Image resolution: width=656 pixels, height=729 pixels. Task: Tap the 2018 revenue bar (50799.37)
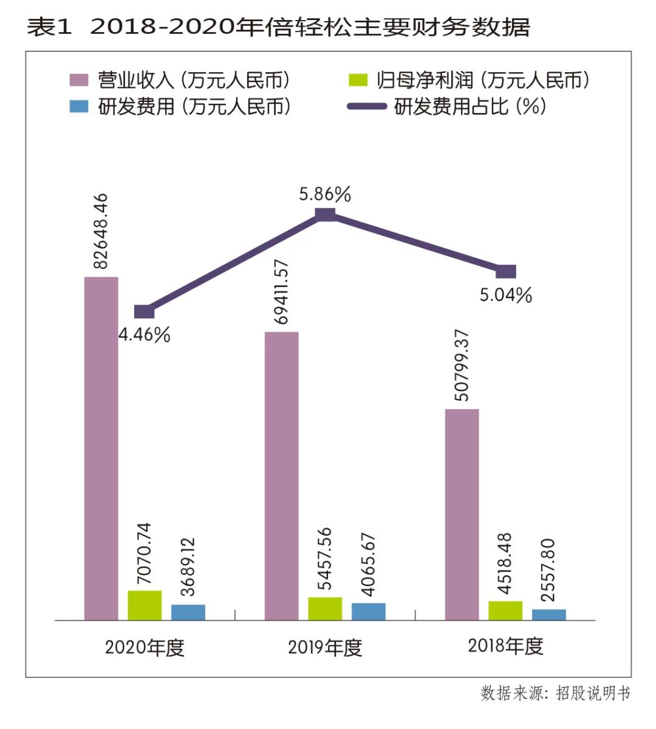[462, 514]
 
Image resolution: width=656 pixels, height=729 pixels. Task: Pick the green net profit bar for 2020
[145, 605]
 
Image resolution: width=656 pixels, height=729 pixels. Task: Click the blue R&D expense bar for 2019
[368, 611]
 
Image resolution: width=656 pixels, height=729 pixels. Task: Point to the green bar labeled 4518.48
[505, 610]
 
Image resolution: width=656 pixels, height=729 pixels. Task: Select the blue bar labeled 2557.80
[548, 614]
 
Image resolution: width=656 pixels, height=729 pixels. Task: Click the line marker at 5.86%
[326, 214]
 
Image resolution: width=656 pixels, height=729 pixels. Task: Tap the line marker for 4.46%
[144, 312]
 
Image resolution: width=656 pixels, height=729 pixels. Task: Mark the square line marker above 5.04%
[505, 271]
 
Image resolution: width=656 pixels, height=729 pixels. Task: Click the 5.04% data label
[505, 296]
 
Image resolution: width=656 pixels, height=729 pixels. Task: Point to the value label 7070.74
[144, 553]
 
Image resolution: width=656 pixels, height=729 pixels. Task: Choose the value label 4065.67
[368, 565]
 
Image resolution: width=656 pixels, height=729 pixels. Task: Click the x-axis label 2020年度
[144, 648]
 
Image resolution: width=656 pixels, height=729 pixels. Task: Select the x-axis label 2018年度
[505, 646]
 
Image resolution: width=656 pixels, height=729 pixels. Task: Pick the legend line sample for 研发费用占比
[366, 107]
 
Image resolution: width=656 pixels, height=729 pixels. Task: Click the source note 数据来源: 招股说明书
[555, 693]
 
